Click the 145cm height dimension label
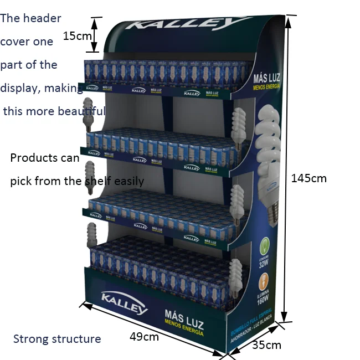[x=308, y=178]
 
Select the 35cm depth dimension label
[x=266, y=345]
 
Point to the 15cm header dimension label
[x=77, y=36]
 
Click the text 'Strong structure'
[x=57, y=339]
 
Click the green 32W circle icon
[x=265, y=245]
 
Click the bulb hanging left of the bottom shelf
[x=91, y=234]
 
